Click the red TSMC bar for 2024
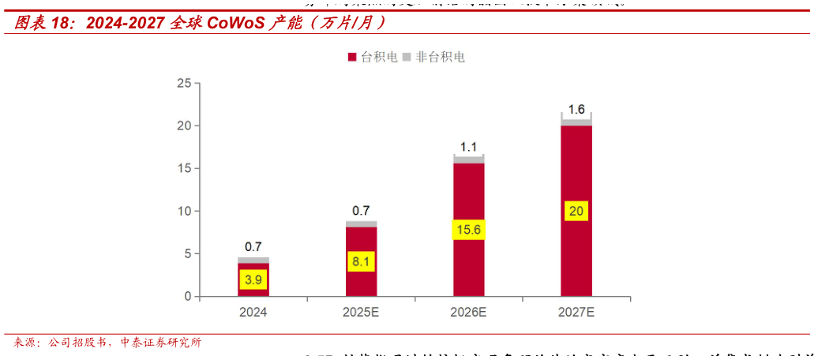pyautogui.click(x=253, y=291)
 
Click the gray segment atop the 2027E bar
pyautogui.click(x=576, y=122)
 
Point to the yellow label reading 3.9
pyautogui.click(x=253, y=279)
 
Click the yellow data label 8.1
pyautogui.click(x=361, y=262)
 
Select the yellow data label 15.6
pyautogui.click(x=468, y=230)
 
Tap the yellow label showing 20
pyautogui.click(x=576, y=211)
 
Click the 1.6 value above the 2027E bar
pyautogui.click(x=576, y=110)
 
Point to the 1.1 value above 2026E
pyautogui.click(x=468, y=147)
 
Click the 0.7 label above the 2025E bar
pyautogui.click(x=361, y=211)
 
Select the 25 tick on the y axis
pyautogui.click(x=184, y=83)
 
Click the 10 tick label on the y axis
pyautogui.click(x=184, y=211)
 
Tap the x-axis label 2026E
pyautogui.click(x=468, y=313)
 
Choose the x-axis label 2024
pyautogui.click(x=253, y=313)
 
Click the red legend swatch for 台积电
pyautogui.click(x=352, y=58)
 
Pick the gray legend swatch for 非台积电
pyautogui.click(x=407, y=58)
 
